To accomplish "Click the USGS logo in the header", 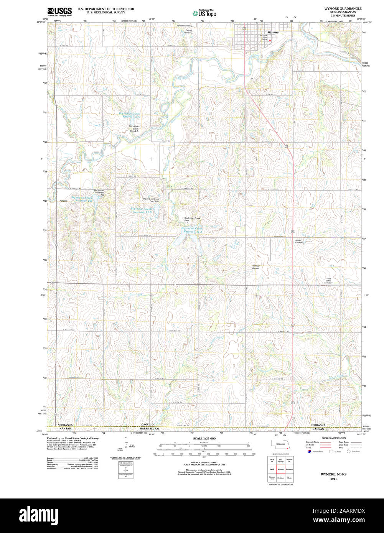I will coord(59,12).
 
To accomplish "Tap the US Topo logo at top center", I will coord(205,13).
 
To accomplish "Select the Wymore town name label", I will coord(273,33).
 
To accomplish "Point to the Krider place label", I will coord(63,201).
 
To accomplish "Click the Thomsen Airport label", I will coord(255,267).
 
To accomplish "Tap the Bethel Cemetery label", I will coord(299,242).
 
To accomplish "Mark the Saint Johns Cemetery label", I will coord(328,281).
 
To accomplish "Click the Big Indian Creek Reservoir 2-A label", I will coord(129,115).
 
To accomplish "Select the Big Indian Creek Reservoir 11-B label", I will coord(142,211).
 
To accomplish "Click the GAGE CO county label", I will coord(147,425).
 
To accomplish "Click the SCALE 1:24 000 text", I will coord(204,438).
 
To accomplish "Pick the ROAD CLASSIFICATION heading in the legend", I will coord(333,438).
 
